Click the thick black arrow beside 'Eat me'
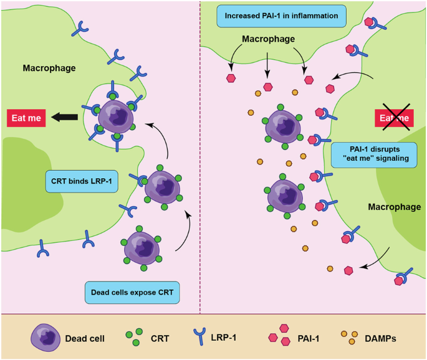click(x=64, y=116)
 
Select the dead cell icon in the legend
click(x=44, y=339)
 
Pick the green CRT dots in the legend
click(x=132, y=339)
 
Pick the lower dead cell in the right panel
click(x=286, y=195)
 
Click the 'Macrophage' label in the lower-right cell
click(x=394, y=206)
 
